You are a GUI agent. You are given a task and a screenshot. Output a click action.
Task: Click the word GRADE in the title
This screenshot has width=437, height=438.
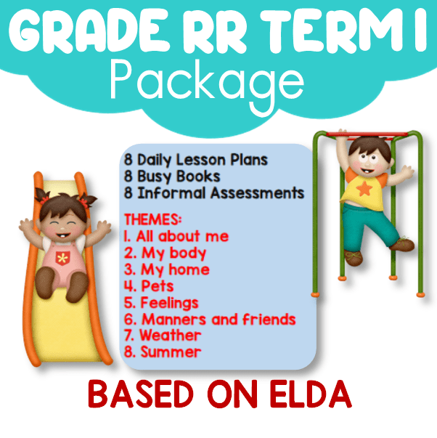pyautogui.click(x=89, y=31)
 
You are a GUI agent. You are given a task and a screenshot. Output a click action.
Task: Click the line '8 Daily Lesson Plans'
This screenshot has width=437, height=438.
pyautogui.click(x=196, y=160)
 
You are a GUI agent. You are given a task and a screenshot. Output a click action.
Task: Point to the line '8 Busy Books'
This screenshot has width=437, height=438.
pyautogui.click(x=172, y=177)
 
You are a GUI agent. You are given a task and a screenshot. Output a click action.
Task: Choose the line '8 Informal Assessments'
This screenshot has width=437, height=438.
pyautogui.click(x=214, y=193)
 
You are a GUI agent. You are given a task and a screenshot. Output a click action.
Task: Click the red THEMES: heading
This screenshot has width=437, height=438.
pyautogui.click(x=152, y=219)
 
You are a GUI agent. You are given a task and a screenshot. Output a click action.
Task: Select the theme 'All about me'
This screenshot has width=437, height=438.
pyautogui.click(x=182, y=236)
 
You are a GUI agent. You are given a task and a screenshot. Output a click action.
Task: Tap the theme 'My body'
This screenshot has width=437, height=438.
pyautogui.click(x=174, y=254)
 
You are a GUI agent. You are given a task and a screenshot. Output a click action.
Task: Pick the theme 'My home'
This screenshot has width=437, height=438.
pyautogui.click(x=175, y=270)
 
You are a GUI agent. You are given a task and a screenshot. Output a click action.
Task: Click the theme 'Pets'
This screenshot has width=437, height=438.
pyautogui.click(x=158, y=286)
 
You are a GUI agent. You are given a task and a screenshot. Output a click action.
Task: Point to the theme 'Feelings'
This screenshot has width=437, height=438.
pyautogui.click(x=169, y=303)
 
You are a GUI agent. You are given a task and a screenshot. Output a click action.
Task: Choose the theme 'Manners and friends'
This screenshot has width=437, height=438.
pyautogui.click(x=218, y=320)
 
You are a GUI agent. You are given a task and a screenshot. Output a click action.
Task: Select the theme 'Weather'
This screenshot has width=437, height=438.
pyautogui.click(x=171, y=335)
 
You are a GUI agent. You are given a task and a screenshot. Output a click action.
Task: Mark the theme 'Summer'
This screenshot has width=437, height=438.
pyautogui.click(x=171, y=352)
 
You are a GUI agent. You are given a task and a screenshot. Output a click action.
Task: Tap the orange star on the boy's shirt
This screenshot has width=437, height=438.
pyautogui.click(x=364, y=189)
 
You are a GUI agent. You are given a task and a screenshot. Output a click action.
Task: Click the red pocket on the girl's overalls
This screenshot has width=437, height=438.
pyautogui.click(x=62, y=258)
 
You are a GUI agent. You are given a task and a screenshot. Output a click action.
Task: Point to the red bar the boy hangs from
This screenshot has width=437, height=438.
pyautogui.click(x=367, y=135)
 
